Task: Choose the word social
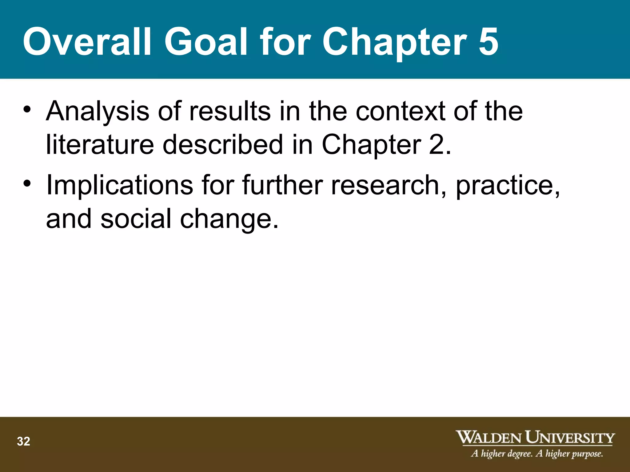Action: (136, 218)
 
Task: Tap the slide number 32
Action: (23, 442)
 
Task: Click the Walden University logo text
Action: (535, 437)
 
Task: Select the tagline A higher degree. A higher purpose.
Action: (537, 454)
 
